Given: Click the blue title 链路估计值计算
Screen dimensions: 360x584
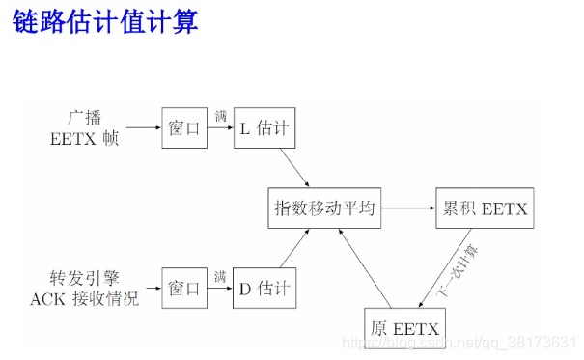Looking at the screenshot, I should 106,22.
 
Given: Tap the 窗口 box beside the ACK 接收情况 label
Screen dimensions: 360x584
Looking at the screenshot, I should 183,288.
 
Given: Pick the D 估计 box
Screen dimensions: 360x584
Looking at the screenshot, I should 262,288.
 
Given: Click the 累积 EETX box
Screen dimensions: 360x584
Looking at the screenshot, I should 482,208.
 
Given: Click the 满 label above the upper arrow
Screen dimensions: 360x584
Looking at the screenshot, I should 221,116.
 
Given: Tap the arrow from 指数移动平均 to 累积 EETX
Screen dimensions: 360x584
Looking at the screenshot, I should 406,208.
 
